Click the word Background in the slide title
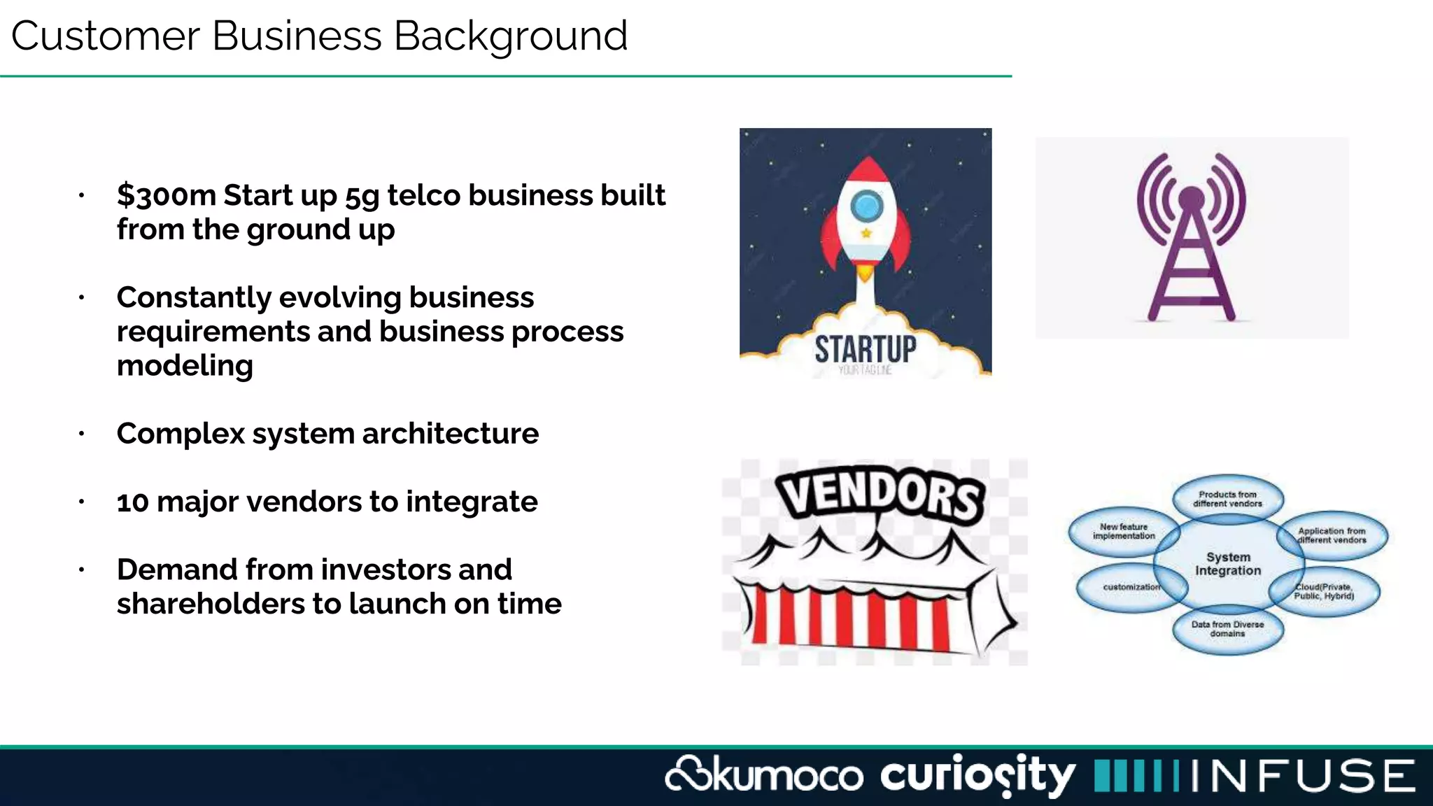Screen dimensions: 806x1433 point(510,36)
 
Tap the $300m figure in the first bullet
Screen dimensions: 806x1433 point(167,195)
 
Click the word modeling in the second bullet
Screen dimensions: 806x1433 point(185,366)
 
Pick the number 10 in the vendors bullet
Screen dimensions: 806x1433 point(132,502)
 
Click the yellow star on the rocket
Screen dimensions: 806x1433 point(866,233)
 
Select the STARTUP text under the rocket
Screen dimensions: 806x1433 point(866,349)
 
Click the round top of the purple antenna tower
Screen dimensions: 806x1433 point(1191,198)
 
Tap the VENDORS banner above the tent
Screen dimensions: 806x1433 point(882,495)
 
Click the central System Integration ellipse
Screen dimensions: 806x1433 point(1228,564)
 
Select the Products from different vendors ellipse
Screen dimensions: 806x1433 point(1228,499)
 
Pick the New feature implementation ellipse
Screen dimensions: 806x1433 point(1123,532)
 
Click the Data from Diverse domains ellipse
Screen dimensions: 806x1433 point(1228,629)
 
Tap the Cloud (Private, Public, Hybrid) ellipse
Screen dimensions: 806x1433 point(1325,592)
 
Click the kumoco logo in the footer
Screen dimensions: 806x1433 point(764,775)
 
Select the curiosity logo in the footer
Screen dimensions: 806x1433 point(977,775)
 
